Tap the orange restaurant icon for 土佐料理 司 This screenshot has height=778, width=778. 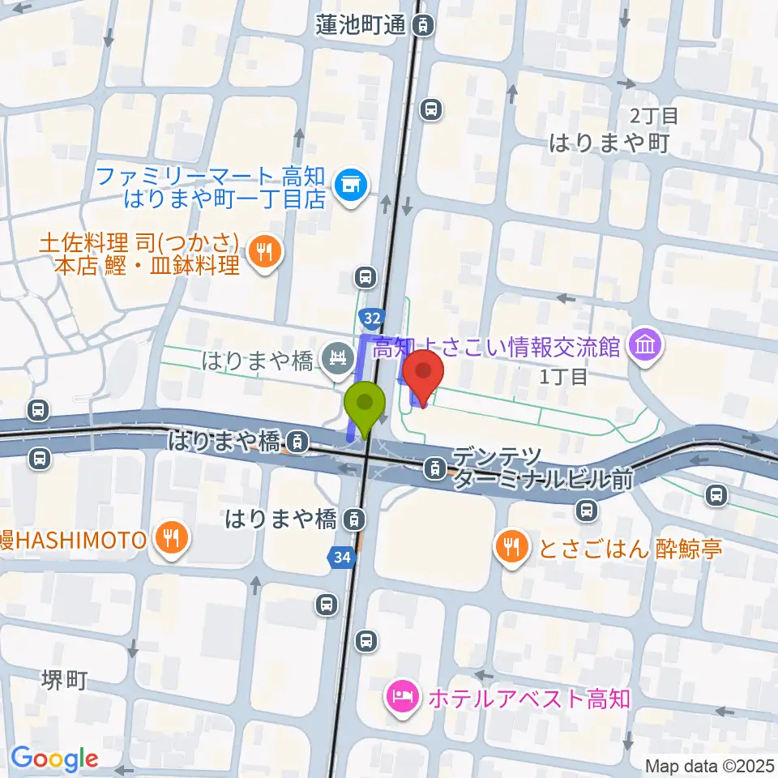tap(263, 252)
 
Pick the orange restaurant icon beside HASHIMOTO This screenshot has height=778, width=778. tap(172, 538)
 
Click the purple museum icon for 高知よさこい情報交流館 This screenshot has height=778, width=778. tap(648, 347)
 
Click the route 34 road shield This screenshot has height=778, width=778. tap(340, 557)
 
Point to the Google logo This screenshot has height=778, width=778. tap(54, 759)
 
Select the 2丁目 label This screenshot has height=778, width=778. tap(652, 115)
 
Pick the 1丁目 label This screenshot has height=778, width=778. tap(563, 377)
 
